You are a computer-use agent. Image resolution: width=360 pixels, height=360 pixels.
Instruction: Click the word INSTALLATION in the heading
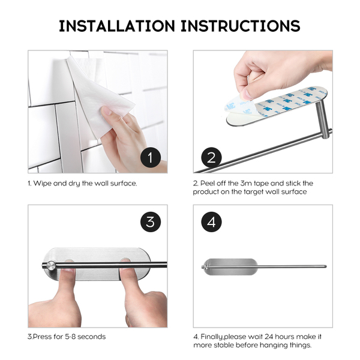tap(117, 26)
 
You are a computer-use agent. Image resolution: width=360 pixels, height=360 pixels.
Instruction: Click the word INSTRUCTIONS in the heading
tap(241, 26)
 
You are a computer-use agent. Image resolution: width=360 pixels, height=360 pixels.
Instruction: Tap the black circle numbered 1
tap(151, 157)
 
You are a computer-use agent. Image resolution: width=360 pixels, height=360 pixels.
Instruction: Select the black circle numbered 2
tap(211, 157)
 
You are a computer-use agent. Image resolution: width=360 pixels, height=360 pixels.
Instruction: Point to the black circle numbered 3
tap(151, 222)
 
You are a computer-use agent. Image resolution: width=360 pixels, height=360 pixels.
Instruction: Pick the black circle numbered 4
tap(211, 222)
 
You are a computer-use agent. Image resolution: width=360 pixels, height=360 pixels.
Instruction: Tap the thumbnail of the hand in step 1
tap(107, 112)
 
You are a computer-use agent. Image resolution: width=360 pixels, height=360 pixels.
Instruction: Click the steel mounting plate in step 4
tap(232, 266)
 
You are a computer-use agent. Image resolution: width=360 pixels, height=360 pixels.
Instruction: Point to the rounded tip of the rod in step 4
tap(325, 266)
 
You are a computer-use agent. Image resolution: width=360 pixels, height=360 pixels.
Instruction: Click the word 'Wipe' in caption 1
tap(43, 184)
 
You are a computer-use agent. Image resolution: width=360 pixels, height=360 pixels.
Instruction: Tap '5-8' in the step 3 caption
tap(70, 337)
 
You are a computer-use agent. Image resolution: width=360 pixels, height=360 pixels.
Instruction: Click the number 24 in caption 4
tap(269, 337)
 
